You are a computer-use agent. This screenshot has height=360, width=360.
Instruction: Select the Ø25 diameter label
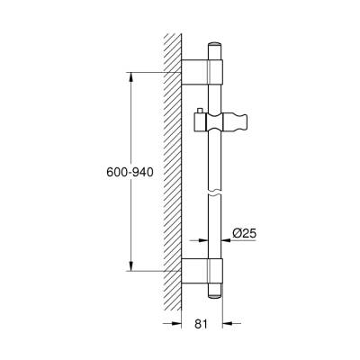[244, 233]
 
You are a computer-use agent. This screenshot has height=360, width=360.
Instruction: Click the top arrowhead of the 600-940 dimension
[132, 75]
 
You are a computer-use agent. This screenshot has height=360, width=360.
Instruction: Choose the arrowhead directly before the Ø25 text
[226, 240]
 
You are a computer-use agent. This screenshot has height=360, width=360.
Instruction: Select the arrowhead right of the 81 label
[226, 325]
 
